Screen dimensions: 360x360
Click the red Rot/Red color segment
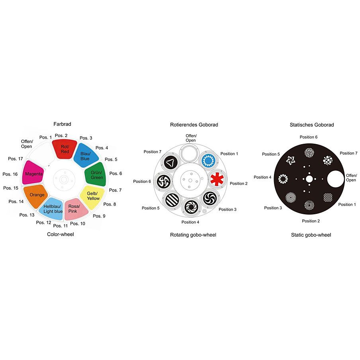(65, 149)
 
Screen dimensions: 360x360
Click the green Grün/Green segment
(96, 174)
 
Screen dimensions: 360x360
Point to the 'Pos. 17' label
(16, 158)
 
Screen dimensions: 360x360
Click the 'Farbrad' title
(62, 124)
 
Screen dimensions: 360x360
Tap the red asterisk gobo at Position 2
(217, 179)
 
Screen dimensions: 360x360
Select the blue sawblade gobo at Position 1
(208, 160)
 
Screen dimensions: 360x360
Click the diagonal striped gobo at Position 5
(172, 200)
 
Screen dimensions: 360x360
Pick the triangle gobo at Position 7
(171, 162)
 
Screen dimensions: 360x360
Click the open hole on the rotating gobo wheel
(190, 153)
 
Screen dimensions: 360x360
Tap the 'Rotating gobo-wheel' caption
(193, 235)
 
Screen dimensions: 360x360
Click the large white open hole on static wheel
(335, 179)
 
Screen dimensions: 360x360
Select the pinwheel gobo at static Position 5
(290, 160)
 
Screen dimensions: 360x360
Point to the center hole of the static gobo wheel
(309, 179)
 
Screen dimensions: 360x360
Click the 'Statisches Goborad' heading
(311, 125)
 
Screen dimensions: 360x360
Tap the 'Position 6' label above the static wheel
(308, 137)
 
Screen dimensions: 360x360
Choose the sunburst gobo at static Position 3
(291, 198)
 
